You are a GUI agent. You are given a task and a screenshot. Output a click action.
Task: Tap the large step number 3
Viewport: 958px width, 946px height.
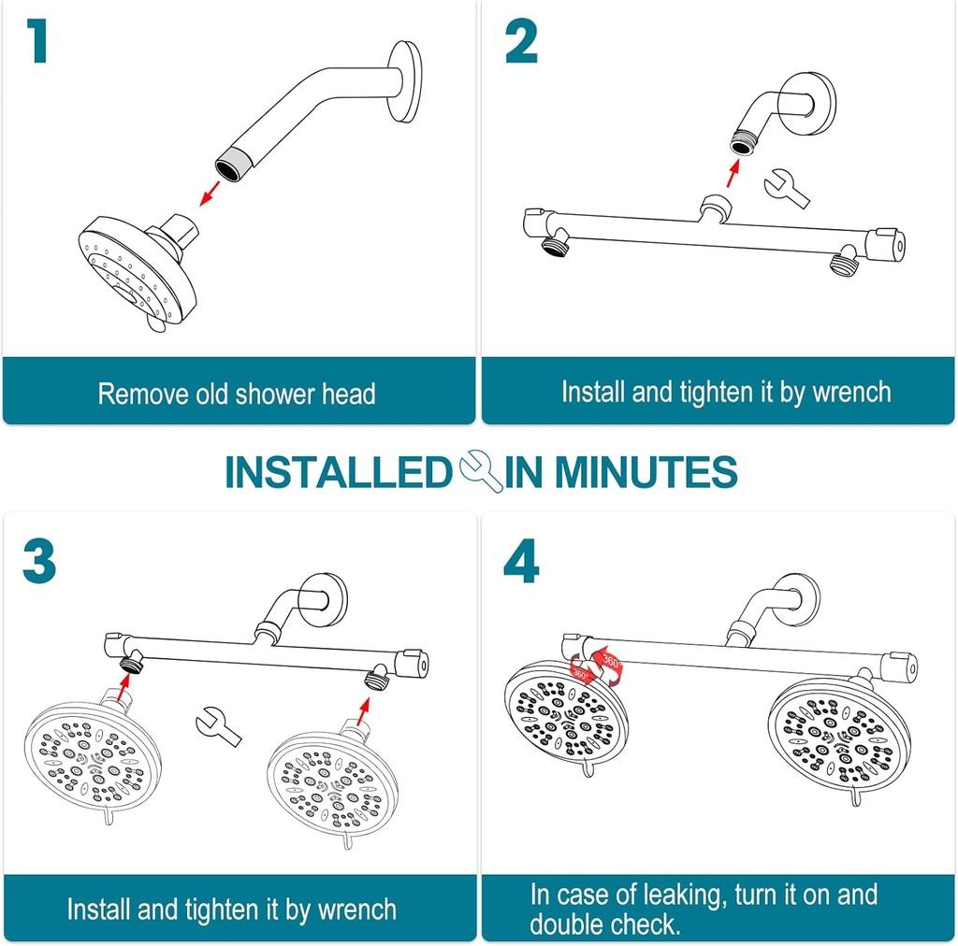point(39,561)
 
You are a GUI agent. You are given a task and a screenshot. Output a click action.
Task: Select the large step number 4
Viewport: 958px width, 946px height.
point(522,561)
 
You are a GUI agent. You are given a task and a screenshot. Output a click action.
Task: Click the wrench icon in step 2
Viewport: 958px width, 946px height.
point(786,186)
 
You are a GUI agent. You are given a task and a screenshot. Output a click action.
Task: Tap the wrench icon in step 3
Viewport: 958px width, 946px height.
point(218,725)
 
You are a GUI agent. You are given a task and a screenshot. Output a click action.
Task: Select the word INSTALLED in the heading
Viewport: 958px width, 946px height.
point(338,473)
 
